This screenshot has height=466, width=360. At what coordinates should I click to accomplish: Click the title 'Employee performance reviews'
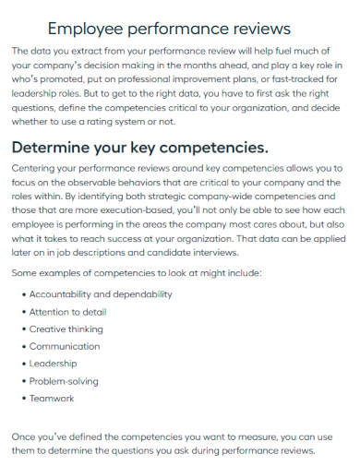[169, 29]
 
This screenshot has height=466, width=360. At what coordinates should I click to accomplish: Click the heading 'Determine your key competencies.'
[139, 148]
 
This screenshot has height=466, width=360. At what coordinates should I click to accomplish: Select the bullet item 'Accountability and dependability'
[100, 294]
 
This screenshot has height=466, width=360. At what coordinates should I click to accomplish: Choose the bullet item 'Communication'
[65, 346]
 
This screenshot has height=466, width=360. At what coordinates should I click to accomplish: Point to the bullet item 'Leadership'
[54, 364]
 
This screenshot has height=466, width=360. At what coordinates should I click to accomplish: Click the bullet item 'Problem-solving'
[64, 381]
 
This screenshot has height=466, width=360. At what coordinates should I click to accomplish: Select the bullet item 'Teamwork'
[52, 399]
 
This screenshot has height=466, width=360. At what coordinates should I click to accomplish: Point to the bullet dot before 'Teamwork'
[22, 399]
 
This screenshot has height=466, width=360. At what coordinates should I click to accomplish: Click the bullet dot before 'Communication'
[22, 346]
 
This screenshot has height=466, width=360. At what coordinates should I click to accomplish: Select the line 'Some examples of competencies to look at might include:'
[138, 272]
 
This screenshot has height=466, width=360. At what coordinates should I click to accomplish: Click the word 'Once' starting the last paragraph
[24, 436]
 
